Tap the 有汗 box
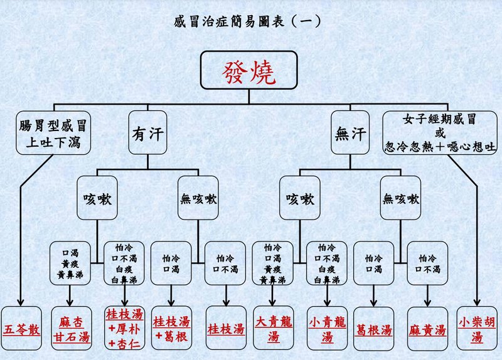coord(148,134)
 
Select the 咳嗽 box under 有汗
coord(97,198)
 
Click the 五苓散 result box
coord(22,329)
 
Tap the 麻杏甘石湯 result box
coord(71,329)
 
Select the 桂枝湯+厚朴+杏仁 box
coord(123,329)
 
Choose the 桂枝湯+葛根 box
coord(171,329)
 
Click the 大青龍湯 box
coord(273,329)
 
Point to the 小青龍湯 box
coord(327,329)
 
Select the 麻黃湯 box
coord(427,329)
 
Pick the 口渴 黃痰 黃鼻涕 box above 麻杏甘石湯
coord(71,263)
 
